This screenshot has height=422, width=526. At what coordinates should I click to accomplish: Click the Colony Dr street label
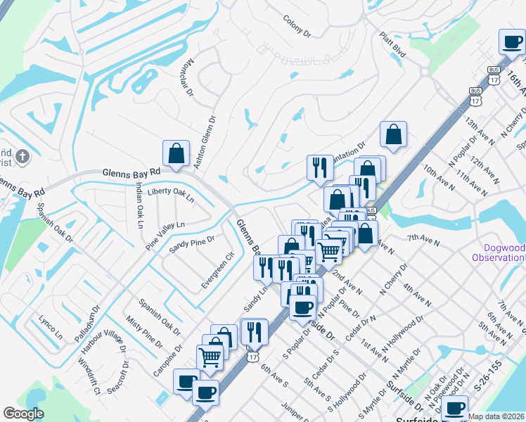[297, 27]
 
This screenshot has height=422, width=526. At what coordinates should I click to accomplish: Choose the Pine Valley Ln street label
[165, 235]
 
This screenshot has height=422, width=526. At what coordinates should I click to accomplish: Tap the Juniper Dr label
[295, 412]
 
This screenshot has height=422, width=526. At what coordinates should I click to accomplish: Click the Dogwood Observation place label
[503, 252]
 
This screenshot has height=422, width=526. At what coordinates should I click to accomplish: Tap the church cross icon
[23, 156]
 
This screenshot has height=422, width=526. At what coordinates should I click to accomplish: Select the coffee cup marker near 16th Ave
[512, 41]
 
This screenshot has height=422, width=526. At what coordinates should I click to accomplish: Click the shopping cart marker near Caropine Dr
[210, 358]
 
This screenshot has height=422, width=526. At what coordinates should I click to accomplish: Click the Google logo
[23, 414]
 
